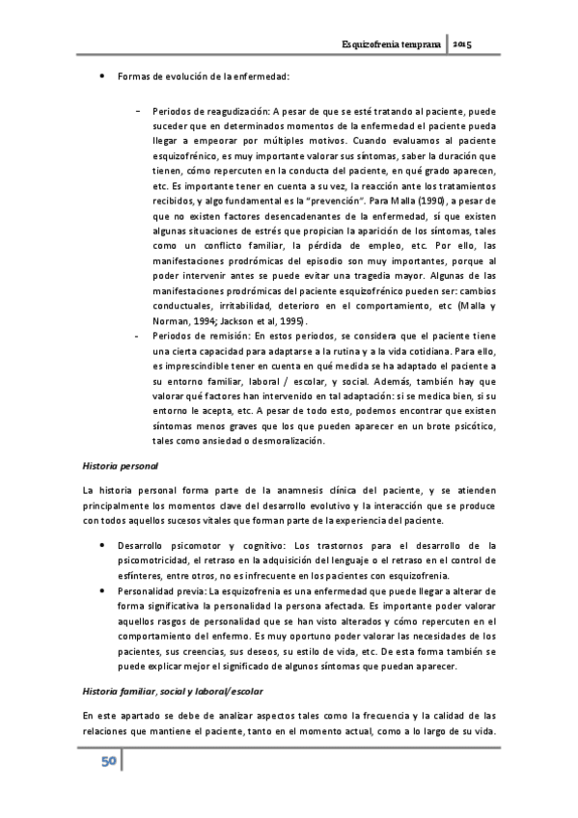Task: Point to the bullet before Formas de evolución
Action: point(102,75)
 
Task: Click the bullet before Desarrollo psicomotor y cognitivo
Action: point(102,545)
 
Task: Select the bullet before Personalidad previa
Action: point(102,588)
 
